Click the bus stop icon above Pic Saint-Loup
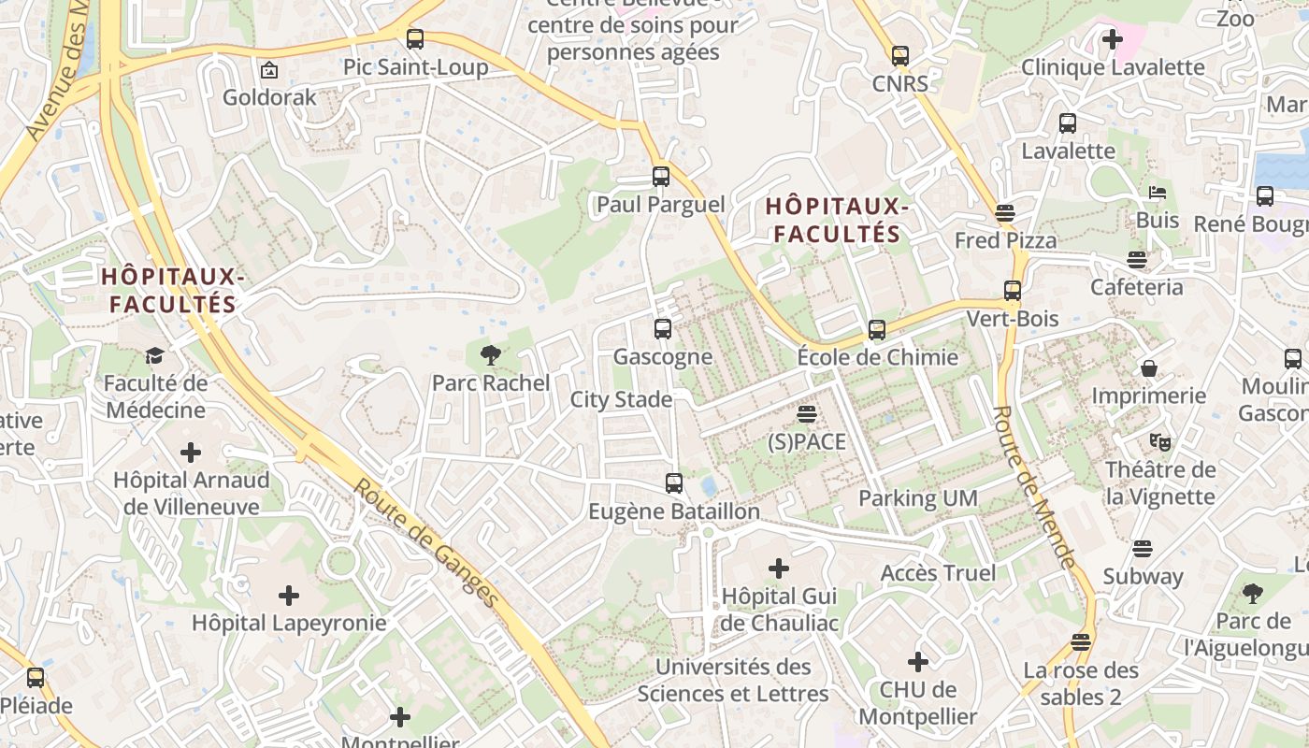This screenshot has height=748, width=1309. click(x=414, y=39)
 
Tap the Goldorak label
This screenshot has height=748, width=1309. click(x=269, y=96)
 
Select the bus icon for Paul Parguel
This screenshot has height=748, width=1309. click(x=661, y=176)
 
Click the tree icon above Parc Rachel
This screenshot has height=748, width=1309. click(x=489, y=354)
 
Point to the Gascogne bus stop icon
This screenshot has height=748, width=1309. click(x=663, y=328)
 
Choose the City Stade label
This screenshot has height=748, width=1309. click(x=621, y=400)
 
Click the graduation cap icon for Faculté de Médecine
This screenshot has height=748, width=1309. click(x=154, y=355)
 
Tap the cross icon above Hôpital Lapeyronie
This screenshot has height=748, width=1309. click(x=289, y=595)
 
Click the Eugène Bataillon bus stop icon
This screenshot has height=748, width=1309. click(x=674, y=483)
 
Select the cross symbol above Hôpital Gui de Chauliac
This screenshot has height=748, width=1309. click(x=778, y=568)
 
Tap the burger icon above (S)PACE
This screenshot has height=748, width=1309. click(x=806, y=413)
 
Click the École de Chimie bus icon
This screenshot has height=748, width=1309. click(x=877, y=329)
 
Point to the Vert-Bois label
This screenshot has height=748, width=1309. click(x=1013, y=319)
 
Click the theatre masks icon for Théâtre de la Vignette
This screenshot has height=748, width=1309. click(x=1160, y=441)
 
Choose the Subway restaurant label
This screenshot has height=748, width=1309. click(x=1142, y=576)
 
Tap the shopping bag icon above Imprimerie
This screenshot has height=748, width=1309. click(x=1149, y=368)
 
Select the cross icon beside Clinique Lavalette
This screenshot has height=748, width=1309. click(x=1113, y=39)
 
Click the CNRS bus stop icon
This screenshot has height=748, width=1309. click(x=900, y=56)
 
